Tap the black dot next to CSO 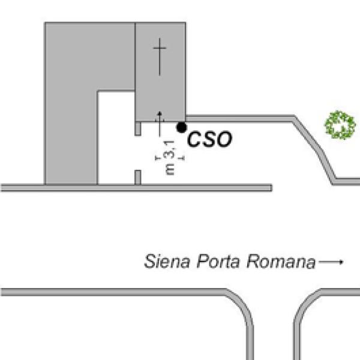[x=181, y=127]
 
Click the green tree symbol [x=340, y=124]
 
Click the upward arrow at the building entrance [x=160, y=122]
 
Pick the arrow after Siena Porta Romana [x=331, y=262]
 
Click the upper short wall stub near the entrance [x=138, y=127]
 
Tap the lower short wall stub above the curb [x=137, y=178]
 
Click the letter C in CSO [x=194, y=140]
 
